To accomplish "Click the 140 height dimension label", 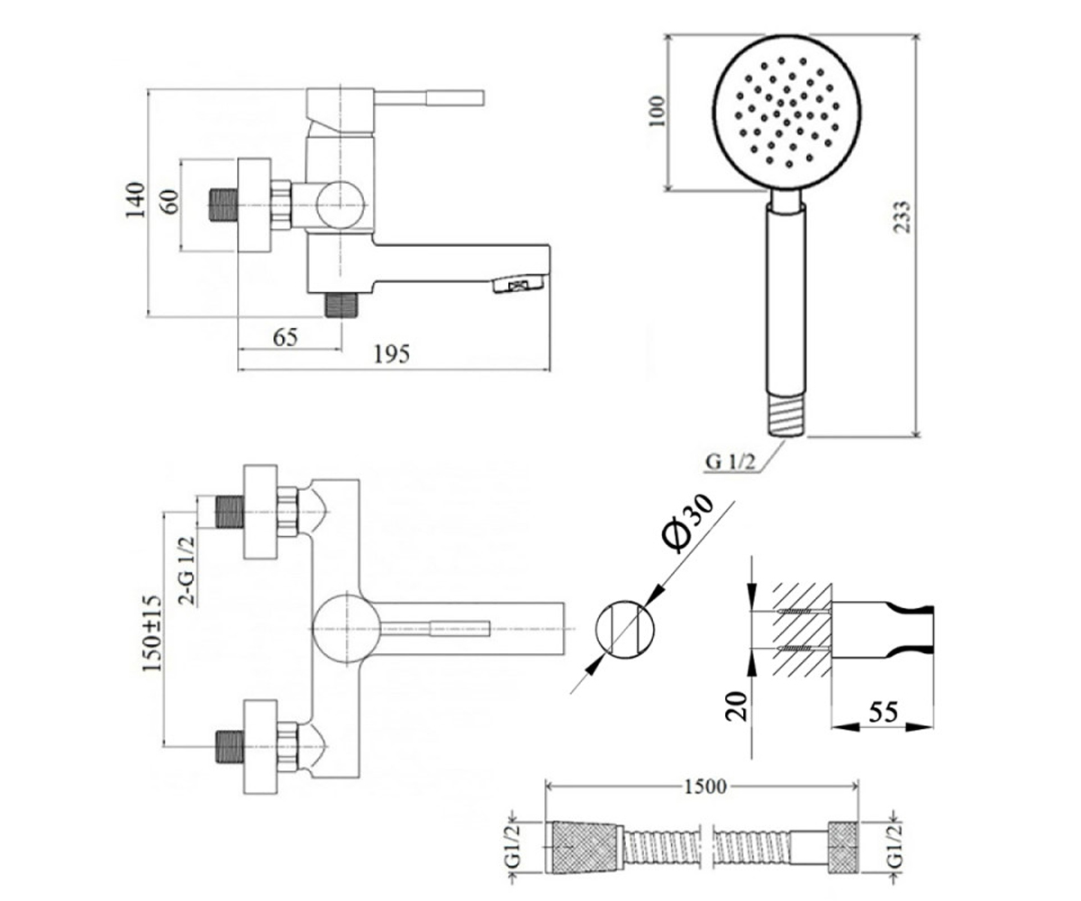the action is [x=135, y=200].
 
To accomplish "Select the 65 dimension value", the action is [x=286, y=338].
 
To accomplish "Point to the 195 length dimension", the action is [x=391, y=354].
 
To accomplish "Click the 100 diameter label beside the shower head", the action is [x=657, y=112].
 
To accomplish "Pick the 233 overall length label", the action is [x=902, y=216].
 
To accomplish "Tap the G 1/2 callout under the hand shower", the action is [x=731, y=461].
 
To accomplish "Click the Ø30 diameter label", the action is [x=688, y=523].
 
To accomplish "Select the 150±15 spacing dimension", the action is [x=152, y=633].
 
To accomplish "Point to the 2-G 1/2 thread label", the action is [x=186, y=570].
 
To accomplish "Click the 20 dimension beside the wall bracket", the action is [x=737, y=705].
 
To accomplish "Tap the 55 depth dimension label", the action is [x=883, y=712].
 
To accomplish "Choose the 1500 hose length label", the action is [x=705, y=787].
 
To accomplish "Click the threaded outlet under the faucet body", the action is [x=341, y=305].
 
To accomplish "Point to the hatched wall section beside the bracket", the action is [x=803, y=630].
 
